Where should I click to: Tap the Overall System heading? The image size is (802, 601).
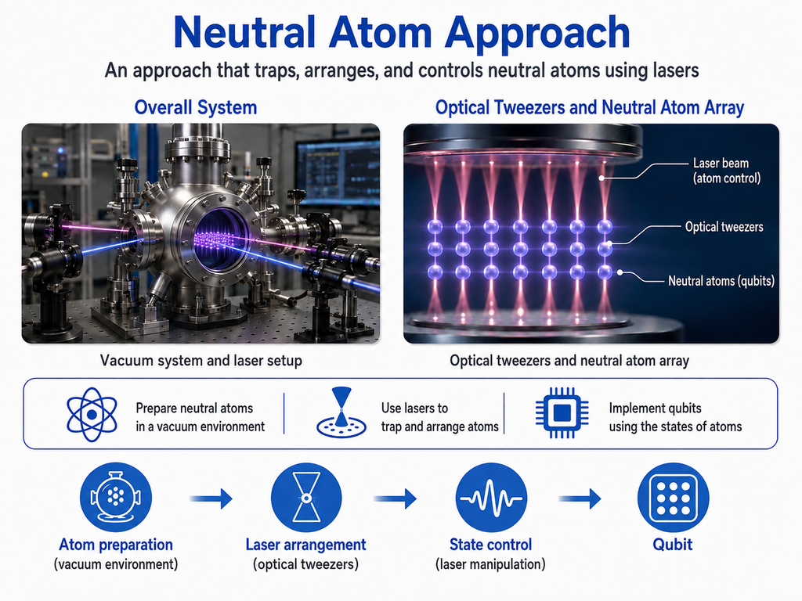tap(195, 108)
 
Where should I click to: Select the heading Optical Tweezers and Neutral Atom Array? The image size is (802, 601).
tap(589, 108)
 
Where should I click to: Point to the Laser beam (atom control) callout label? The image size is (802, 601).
tap(726, 170)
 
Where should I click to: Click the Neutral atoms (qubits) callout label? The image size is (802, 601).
tap(721, 281)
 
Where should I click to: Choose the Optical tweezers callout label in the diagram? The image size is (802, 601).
tap(724, 227)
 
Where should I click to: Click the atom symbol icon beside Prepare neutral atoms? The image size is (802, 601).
tap(92, 414)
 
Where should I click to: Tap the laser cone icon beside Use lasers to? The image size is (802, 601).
tap(341, 413)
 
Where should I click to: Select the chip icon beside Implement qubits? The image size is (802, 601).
tap(562, 412)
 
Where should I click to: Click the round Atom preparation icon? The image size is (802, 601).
tap(116, 497)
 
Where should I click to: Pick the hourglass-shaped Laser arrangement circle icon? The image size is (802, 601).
tap(306, 497)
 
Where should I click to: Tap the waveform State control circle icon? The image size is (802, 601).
tap(490, 497)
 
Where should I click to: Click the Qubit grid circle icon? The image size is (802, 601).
tap(673, 497)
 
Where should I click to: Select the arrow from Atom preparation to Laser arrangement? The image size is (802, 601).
tap(211, 498)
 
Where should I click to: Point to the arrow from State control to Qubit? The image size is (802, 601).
tap(580, 498)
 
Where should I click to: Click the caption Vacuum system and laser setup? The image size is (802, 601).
tap(201, 360)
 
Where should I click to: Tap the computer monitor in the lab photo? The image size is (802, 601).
tap(338, 170)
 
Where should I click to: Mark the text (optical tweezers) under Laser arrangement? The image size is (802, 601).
tap(306, 564)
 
